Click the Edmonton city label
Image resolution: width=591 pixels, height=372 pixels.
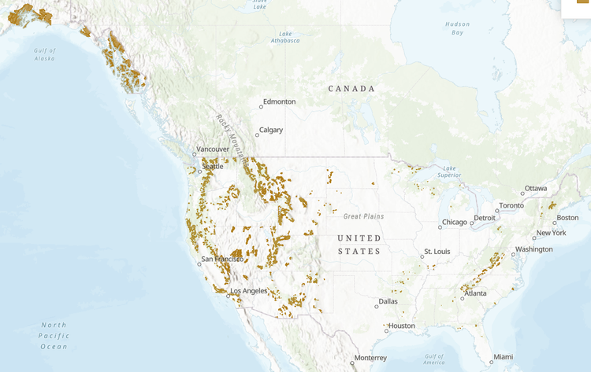point(280,101)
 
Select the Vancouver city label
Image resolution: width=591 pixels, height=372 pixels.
point(213,149)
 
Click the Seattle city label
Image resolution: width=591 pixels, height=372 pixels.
point(213,167)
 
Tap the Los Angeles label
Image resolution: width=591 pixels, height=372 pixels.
point(250,291)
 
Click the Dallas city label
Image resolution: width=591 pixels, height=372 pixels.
point(388,300)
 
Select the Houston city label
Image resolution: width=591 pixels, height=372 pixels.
point(401,326)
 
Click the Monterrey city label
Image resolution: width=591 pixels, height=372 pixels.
point(370,358)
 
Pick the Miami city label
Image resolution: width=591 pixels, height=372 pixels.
point(504,357)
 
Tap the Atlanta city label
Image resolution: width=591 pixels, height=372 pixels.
point(475,293)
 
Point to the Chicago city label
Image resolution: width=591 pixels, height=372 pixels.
point(454,222)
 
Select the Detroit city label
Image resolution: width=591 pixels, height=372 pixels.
point(485,218)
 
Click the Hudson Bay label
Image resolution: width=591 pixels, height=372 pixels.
point(457,28)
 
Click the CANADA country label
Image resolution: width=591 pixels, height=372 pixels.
point(351,89)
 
